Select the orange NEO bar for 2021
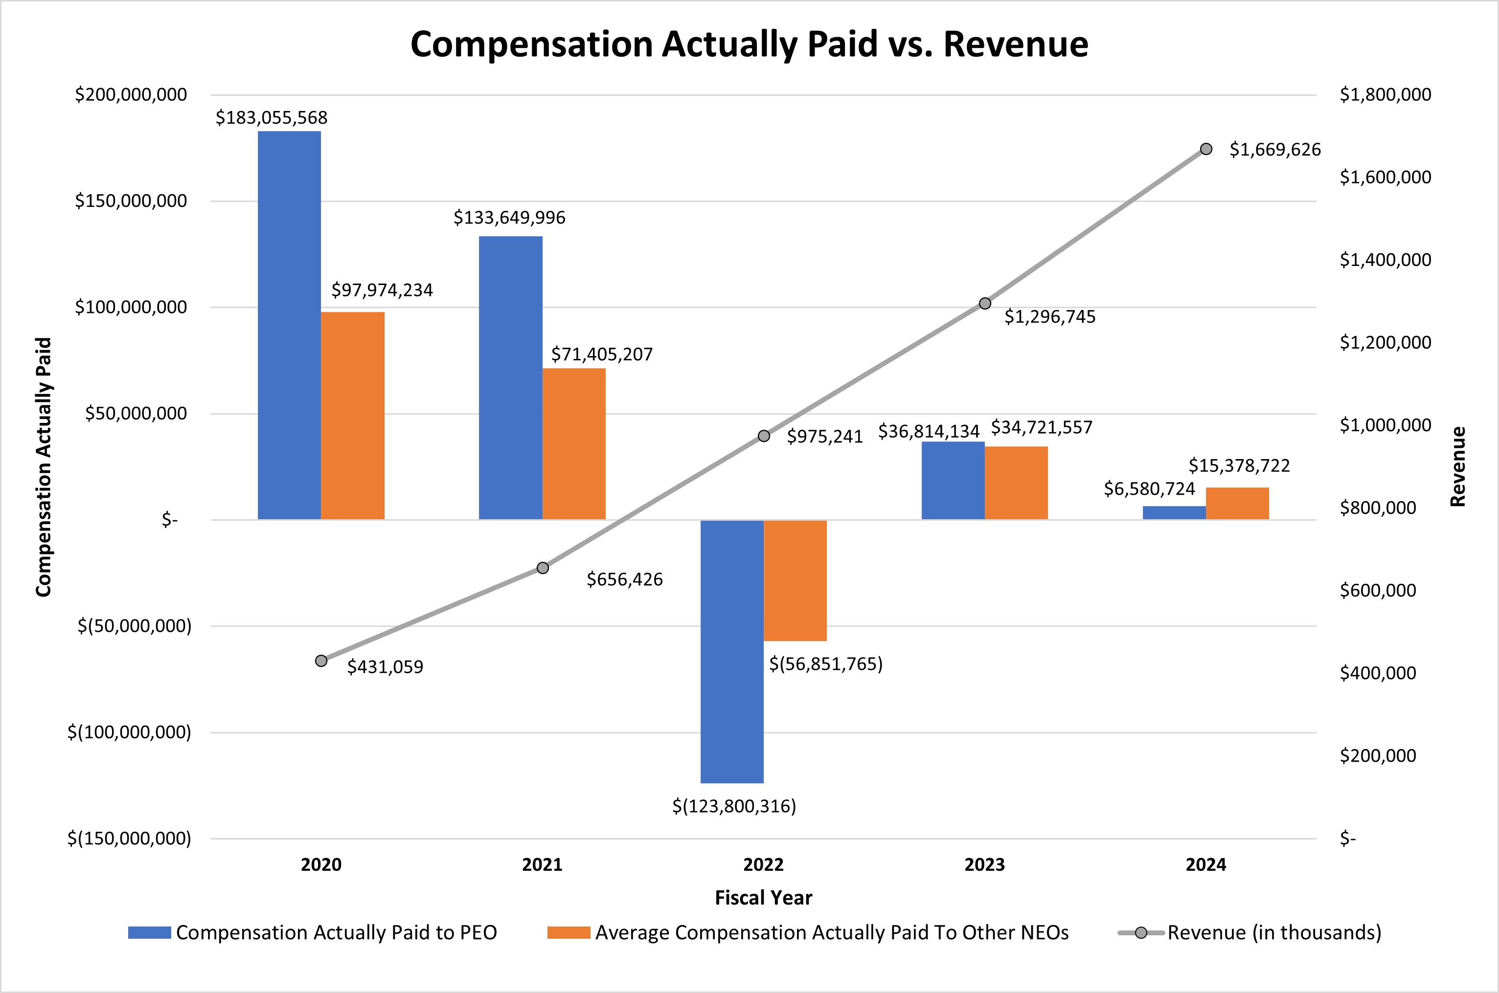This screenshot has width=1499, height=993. click(x=573, y=443)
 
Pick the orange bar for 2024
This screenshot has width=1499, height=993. click(x=1237, y=504)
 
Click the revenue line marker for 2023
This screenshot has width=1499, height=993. click(x=984, y=303)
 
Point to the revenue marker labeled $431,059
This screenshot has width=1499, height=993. click(x=321, y=661)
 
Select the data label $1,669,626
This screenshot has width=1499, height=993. click(x=1275, y=150)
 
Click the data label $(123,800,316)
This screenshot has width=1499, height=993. click(x=734, y=806)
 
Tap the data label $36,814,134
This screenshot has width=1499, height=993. click(x=928, y=431)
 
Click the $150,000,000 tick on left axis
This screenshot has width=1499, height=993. click(x=131, y=201)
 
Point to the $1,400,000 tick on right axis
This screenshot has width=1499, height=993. click(x=1385, y=260)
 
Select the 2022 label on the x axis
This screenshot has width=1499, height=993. click(x=763, y=864)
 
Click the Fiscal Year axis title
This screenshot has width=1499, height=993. click(x=763, y=897)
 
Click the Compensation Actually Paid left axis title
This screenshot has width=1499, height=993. click(x=43, y=467)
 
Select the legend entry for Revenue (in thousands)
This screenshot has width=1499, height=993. click(x=1273, y=932)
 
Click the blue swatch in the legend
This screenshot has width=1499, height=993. click(x=150, y=932)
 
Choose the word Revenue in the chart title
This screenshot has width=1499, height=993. click(x=1015, y=44)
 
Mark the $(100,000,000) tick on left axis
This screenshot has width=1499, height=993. click(x=129, y=732)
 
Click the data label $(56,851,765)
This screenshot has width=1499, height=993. click(x=825, y=663)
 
